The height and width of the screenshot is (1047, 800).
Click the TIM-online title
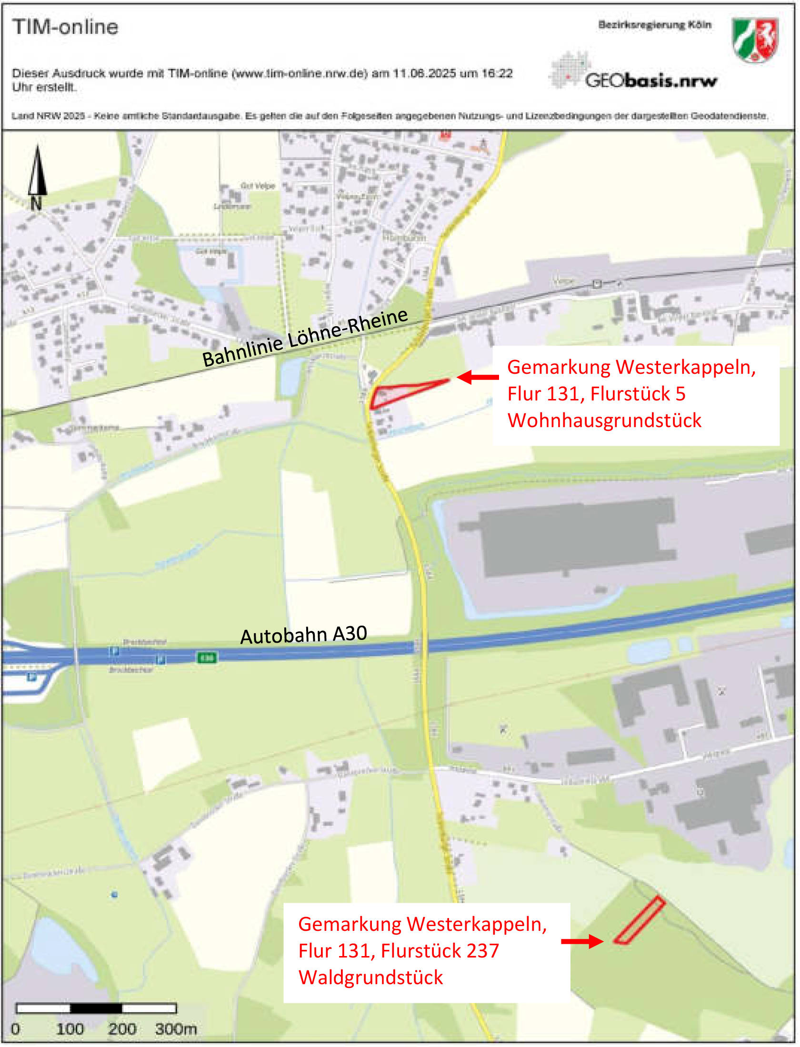point(65,27)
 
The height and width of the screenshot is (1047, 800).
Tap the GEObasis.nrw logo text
point(650,80)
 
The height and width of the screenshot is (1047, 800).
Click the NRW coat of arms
point(755,40)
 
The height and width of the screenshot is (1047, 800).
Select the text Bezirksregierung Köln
point(655,25)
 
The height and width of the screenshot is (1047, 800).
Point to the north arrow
point(37,176)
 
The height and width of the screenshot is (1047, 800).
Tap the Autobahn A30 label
point(303,635)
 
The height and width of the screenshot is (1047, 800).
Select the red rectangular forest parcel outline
point(639,920)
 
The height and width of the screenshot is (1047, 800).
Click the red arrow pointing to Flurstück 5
point(478,377)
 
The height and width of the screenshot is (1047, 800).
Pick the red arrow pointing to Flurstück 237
point(582,941)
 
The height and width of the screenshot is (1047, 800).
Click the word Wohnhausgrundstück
point(604,420)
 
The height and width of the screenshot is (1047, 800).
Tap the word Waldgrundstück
point(370,977)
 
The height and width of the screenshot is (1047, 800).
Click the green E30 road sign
point(207,658)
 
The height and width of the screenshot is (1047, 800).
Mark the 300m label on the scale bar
point(176,1029)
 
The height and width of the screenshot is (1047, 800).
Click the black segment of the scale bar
point(96,1008)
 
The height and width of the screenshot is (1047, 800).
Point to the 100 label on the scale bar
point(70,1029)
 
